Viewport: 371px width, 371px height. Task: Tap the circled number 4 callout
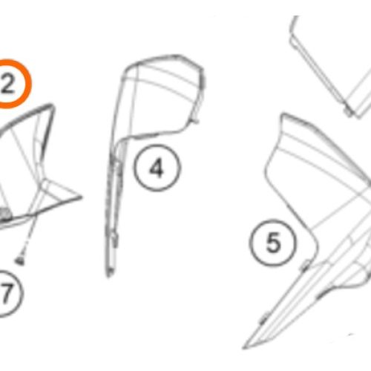point(157,168)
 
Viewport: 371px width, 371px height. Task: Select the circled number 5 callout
point(273,243)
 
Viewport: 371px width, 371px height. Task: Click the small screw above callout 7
point(20,260)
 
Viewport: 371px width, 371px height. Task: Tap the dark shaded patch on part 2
point(5,214)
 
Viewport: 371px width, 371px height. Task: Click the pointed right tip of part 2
point(82,197)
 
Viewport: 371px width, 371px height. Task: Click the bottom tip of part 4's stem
point(108,276)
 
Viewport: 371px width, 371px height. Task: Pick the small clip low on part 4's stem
point(114,239)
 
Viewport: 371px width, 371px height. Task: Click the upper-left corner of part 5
point(283,114)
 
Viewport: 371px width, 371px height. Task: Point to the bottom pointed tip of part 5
point(244,348)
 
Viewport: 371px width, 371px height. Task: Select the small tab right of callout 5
point(305,266)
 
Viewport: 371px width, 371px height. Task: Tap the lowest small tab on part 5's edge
point(264,318)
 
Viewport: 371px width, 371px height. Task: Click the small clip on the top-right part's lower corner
point(349,113)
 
